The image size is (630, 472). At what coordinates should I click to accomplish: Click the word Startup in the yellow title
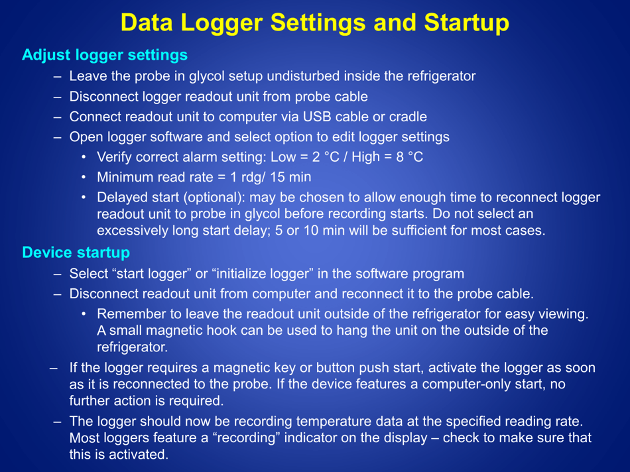pyautogui.click(x=464, y=23)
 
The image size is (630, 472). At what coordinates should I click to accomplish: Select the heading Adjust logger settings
pyautogui.click(x=105, y=55)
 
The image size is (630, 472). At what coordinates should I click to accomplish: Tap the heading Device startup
pyautogui.click(x=76, y=253)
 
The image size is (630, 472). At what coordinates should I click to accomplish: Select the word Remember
pyautogui.click(x=129, y=314)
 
